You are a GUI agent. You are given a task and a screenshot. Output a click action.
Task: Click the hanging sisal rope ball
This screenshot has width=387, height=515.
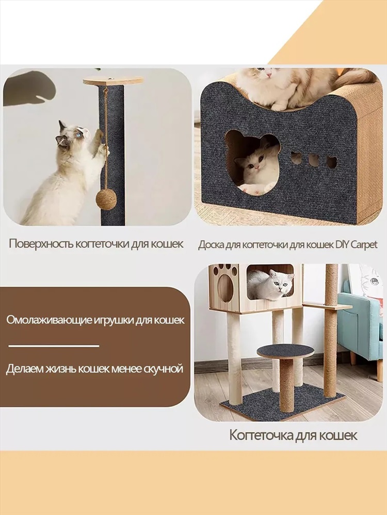pyautogui.click(x=106, y=199)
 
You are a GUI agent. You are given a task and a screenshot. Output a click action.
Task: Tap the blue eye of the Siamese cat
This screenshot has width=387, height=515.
pyautogui.click(x=78, y=134)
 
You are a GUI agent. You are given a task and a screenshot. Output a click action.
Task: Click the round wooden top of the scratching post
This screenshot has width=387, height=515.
pyautogui.click(x=113, y=81)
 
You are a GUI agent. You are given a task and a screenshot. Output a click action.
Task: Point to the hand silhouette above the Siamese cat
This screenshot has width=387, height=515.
pyautogui.click(x=29, y=89)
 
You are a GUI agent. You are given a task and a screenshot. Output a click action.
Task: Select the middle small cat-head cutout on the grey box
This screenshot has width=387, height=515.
pyautogui.click(x=314, y=160)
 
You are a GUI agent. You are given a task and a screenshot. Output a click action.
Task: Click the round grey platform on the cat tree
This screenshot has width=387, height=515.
pyautogui.click(x=285, y=351)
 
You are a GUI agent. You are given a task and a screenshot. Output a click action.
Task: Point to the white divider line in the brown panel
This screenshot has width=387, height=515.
pyautogui.click(x=54, y=346)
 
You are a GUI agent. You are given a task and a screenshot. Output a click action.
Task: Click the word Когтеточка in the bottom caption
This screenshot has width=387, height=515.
pyautogui.click(x=261, y=436)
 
